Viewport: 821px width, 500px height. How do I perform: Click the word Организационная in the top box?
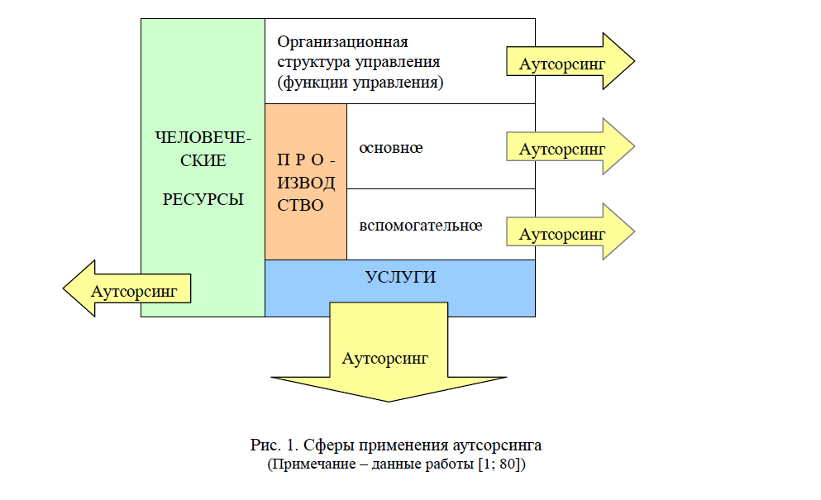(343, 42)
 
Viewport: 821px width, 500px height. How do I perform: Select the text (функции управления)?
(360, 83)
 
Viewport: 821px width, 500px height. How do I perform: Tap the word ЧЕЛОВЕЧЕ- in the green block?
(203, 137)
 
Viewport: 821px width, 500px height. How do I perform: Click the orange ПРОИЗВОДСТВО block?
(305, 182)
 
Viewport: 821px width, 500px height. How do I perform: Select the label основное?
(390, 148)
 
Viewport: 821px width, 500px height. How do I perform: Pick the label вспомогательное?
(420, 225)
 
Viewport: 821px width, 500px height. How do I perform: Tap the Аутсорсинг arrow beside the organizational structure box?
(562, 63)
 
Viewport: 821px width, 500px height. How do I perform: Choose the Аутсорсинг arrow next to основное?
(562, 149)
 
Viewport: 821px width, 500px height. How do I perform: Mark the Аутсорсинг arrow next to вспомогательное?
(562, 234)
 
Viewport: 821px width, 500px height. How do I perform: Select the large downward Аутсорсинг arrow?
(387, 360)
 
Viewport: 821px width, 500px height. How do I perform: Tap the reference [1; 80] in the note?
(502, 464)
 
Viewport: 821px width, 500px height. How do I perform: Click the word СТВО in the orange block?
(300, 205)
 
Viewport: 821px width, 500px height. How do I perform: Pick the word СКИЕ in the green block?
(203, 160)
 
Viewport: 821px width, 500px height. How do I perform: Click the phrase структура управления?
(358, 62)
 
